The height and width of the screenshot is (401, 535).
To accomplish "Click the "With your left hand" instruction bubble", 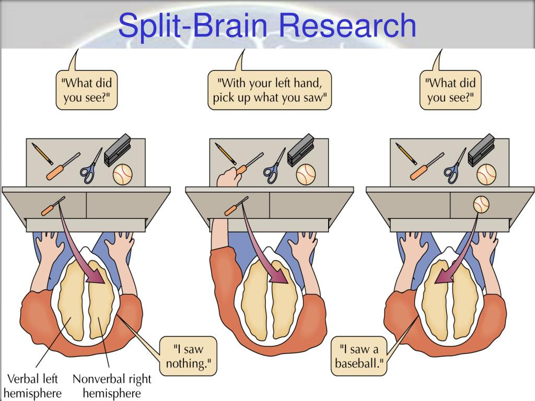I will click(270, 90).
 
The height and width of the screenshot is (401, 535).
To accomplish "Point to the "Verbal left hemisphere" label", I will click(32, 385).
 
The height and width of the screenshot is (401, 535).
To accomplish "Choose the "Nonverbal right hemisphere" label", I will click(112, 385).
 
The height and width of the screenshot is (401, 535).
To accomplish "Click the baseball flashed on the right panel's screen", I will click(481, 204).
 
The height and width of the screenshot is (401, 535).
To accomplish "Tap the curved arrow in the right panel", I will click(460, 245).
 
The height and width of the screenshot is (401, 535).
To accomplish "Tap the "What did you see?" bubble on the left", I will click(87, 90).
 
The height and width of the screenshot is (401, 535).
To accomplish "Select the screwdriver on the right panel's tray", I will click(426, 166).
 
